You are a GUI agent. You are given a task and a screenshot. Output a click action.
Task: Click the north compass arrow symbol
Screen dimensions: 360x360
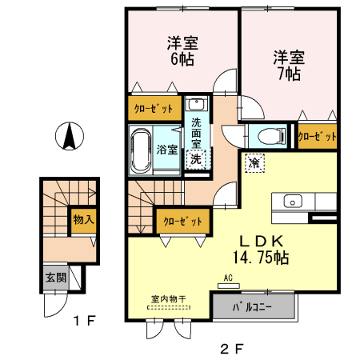(x=70, y=136)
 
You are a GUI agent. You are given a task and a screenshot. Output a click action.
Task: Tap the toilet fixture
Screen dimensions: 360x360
(x=271, y=136)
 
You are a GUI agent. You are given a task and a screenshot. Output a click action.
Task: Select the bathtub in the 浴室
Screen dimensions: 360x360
(x=142, y=150)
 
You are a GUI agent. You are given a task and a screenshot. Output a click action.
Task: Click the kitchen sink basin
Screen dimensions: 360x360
(x=293, y=202)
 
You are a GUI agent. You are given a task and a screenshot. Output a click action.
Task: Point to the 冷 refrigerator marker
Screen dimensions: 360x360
(x=254, y=162)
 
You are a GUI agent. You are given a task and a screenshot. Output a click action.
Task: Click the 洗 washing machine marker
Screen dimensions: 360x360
(x=196, y=159)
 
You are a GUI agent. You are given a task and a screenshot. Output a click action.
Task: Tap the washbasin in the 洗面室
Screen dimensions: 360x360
(x=197, y=104)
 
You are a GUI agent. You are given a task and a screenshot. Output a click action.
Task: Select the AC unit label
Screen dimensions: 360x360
(x=228, y=278)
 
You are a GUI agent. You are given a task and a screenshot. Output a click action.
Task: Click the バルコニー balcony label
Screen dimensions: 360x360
(x=252, y=307)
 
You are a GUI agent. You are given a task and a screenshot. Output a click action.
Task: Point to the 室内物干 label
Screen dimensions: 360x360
(x=169, y=299)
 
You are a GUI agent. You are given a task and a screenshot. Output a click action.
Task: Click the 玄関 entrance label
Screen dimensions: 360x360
(x=56, y=278)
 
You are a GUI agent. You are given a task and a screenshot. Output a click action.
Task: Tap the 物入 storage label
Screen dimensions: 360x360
(x=83, y=219)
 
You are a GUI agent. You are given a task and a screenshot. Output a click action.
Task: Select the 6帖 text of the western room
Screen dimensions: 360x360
(x=182, y=59)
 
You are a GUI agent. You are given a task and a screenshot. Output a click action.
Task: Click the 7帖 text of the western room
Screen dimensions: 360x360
(x=290, y=74)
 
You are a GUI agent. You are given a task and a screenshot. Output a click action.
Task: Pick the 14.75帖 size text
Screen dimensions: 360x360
(x=261, y=258)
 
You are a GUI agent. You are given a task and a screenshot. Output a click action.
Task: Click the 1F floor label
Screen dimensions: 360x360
(x=85, y=321)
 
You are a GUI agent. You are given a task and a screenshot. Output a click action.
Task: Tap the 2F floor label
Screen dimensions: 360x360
(x=232, y=349)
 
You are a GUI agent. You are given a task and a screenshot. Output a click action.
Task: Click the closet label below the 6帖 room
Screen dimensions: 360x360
(x=154, y=109)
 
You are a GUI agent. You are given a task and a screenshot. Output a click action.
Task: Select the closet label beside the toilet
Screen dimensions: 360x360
(x=318, y=136)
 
